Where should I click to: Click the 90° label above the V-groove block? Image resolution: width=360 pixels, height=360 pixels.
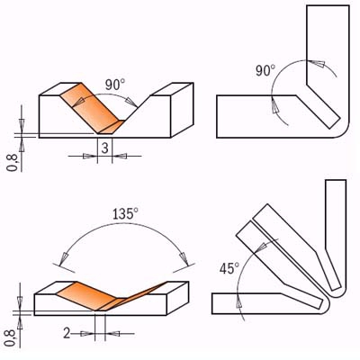114,85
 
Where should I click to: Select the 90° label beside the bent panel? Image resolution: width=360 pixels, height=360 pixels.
265,71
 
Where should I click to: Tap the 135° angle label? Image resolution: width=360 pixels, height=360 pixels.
125,214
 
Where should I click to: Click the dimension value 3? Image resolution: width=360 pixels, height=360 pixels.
105,148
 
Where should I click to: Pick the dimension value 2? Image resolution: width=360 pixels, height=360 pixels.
67,333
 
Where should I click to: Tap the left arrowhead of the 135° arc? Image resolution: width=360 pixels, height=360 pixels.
64,265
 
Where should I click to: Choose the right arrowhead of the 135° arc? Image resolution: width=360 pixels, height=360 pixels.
185,262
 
